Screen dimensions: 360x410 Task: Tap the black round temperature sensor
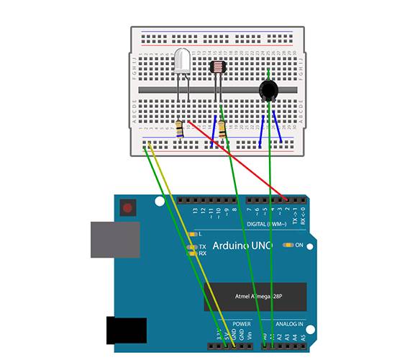pos(268,90)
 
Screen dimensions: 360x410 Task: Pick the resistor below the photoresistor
pos(222,130)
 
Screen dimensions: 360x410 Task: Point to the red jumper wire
pos(237,160)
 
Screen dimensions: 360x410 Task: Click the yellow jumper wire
pos(191,245)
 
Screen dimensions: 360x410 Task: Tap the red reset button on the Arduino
pos(128,210)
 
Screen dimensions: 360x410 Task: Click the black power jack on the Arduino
pos(126,330)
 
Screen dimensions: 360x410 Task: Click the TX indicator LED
pos(191,246)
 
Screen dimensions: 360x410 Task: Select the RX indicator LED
pos(191,253)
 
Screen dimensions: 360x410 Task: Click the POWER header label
pos(242,323)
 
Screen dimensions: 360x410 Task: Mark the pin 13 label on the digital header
pos(194,212)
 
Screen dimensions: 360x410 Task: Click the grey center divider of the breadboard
pos(216,89)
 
